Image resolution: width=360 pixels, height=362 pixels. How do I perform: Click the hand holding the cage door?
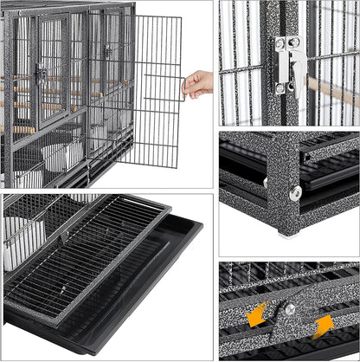pos(199,83)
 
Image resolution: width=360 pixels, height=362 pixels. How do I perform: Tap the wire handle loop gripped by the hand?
pos(183,87)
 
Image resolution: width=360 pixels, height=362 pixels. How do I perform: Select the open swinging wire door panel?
pos(151,90)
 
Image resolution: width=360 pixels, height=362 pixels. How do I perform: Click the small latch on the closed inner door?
pos(42,75)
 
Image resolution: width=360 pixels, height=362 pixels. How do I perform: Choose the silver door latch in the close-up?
pos(288,64)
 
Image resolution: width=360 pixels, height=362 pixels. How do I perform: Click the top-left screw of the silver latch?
pos(280,42)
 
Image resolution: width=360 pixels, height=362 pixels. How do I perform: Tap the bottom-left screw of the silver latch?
pos(280,87)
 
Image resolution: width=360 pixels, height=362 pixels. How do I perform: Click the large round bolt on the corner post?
pos(295,193)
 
